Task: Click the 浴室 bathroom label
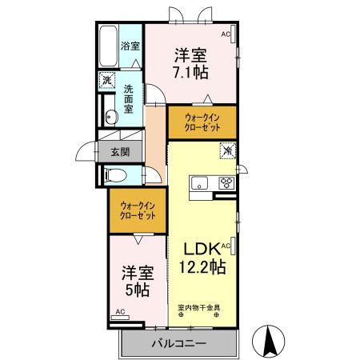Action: [130, 47]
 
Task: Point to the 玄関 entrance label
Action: [119, 151]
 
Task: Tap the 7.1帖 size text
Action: [191, 70]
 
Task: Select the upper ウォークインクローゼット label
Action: [202, 122]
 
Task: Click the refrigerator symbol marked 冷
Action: [226, 150]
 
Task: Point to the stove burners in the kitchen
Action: [226, 182]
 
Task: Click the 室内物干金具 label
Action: [200, 307]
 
